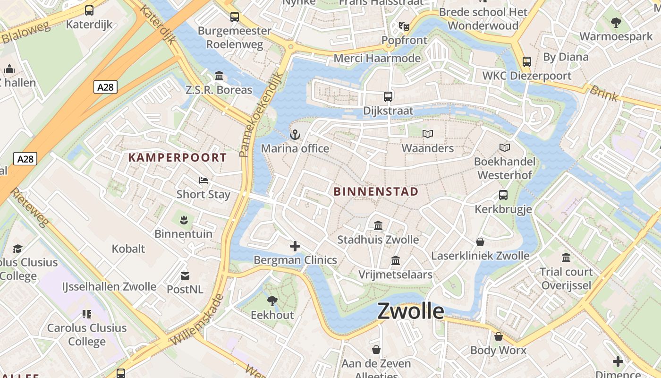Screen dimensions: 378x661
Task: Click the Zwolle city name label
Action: point(411,312)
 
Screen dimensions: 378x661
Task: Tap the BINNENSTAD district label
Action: point(376,191)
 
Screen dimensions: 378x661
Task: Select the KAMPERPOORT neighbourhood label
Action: point(178,157)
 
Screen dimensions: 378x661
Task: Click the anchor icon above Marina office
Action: point(295,135)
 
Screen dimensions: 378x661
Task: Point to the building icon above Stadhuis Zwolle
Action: point(378,226)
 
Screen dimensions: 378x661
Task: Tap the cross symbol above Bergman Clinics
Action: point(295,246)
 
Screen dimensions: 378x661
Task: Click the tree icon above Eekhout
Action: point(272,301)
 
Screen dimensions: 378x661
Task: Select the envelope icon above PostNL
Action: point(185,275)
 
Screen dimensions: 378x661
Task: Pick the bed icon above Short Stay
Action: point(203,180)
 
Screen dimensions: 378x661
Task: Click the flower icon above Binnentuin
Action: point(184,219)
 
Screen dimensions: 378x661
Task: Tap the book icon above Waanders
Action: point(428,134)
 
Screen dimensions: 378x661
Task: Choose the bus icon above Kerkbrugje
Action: point(503,195)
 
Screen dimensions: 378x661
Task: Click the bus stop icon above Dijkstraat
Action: point(388,97)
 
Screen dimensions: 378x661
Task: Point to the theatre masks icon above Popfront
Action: point(404,26)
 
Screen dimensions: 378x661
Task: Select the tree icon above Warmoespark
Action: point(616,22)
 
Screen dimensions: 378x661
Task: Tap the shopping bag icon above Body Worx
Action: point(498,336)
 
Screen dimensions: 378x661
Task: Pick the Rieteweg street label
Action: point(29,207)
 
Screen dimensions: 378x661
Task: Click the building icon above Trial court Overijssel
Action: point(566,258)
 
